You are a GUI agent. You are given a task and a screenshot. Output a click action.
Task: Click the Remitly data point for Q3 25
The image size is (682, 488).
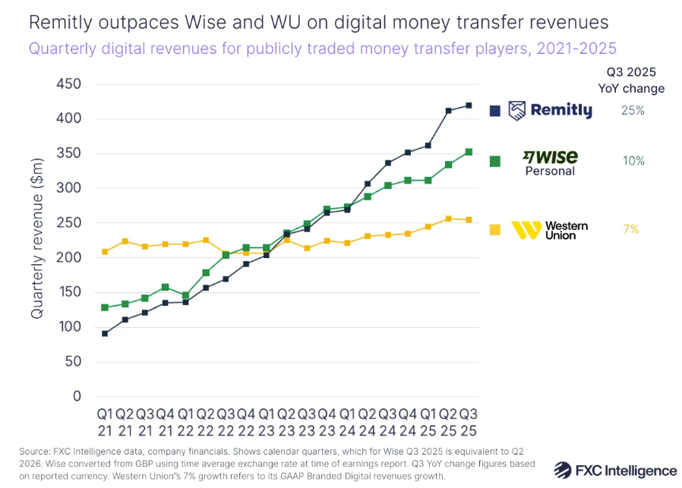click(469, 105)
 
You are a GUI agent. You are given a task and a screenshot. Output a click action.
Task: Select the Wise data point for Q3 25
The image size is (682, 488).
click(469, 152)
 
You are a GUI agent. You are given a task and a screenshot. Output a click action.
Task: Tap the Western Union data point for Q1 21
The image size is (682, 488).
click(105, 251)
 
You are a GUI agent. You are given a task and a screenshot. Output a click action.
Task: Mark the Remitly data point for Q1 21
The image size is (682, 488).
click(105, 333)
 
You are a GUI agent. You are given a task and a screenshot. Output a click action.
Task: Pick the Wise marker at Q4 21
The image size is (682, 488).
click(165, 287)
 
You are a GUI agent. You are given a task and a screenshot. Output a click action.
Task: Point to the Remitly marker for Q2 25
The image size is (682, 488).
click(449, 110)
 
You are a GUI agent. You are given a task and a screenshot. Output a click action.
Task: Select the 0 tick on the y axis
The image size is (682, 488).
click(77, 396)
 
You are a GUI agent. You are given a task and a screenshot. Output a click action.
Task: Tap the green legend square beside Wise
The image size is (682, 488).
click(495, 161)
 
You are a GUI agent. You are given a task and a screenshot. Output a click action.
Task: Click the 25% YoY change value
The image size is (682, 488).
click(632, 111)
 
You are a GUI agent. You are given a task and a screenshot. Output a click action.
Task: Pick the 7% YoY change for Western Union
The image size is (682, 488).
click(631, 229)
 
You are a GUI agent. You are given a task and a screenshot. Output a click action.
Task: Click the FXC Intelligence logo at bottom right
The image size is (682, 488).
click(615, 470)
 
